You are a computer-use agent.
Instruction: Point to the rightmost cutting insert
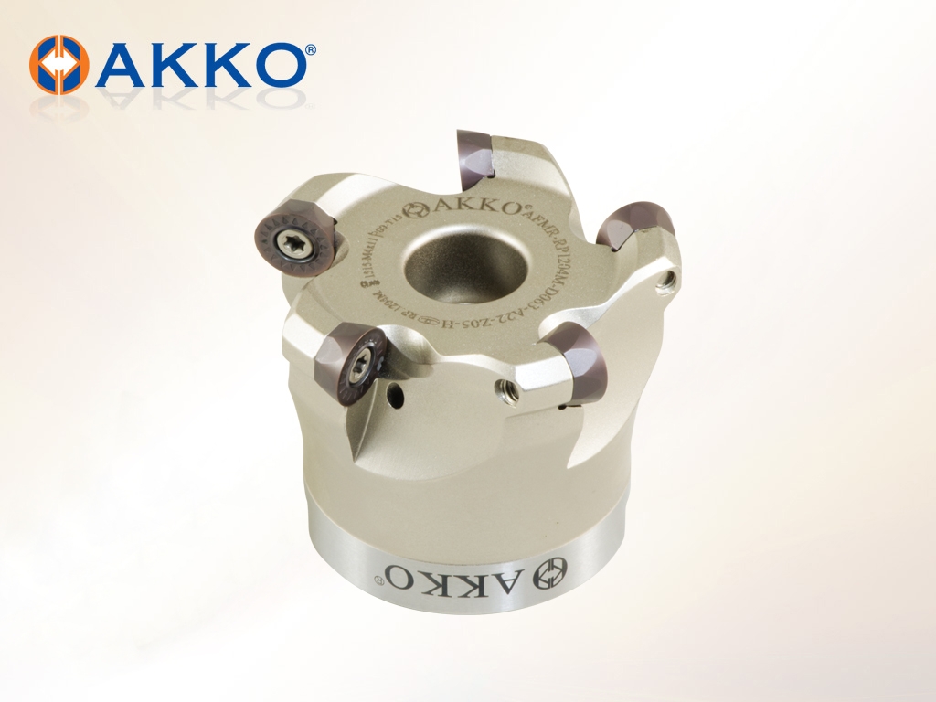[x=636, y=226]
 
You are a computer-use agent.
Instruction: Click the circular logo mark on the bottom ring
[x=551, y=570]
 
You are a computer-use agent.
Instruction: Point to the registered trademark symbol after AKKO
[x=312, y=50]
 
